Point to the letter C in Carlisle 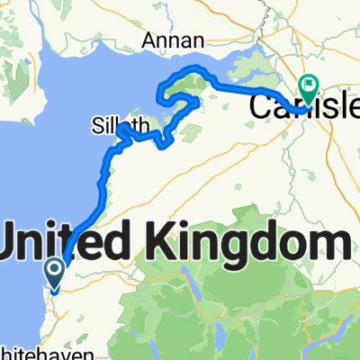click(x=259, y=106)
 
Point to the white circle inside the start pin click(x=54, y=267)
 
